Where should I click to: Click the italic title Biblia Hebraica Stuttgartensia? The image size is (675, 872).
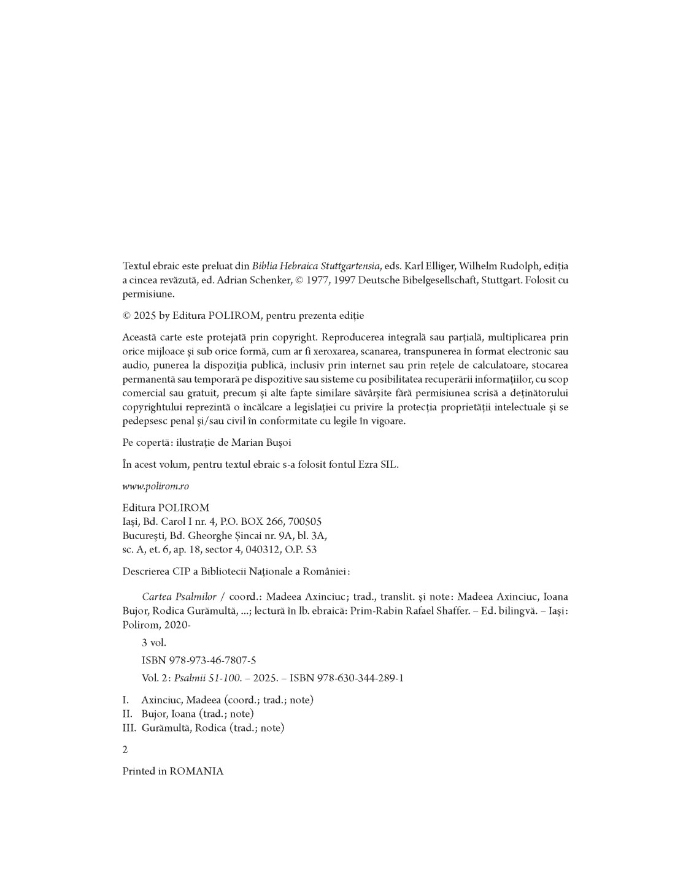click(316, 266)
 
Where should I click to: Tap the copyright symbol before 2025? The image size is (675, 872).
click(126, 316)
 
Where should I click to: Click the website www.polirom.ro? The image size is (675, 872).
click(155, 486)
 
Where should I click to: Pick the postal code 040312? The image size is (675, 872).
click(264, 550)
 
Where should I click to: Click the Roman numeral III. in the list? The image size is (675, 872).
click(128, 729)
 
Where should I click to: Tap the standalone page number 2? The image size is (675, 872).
click(125, 750)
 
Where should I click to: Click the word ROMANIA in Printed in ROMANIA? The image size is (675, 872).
click(196, 771)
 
